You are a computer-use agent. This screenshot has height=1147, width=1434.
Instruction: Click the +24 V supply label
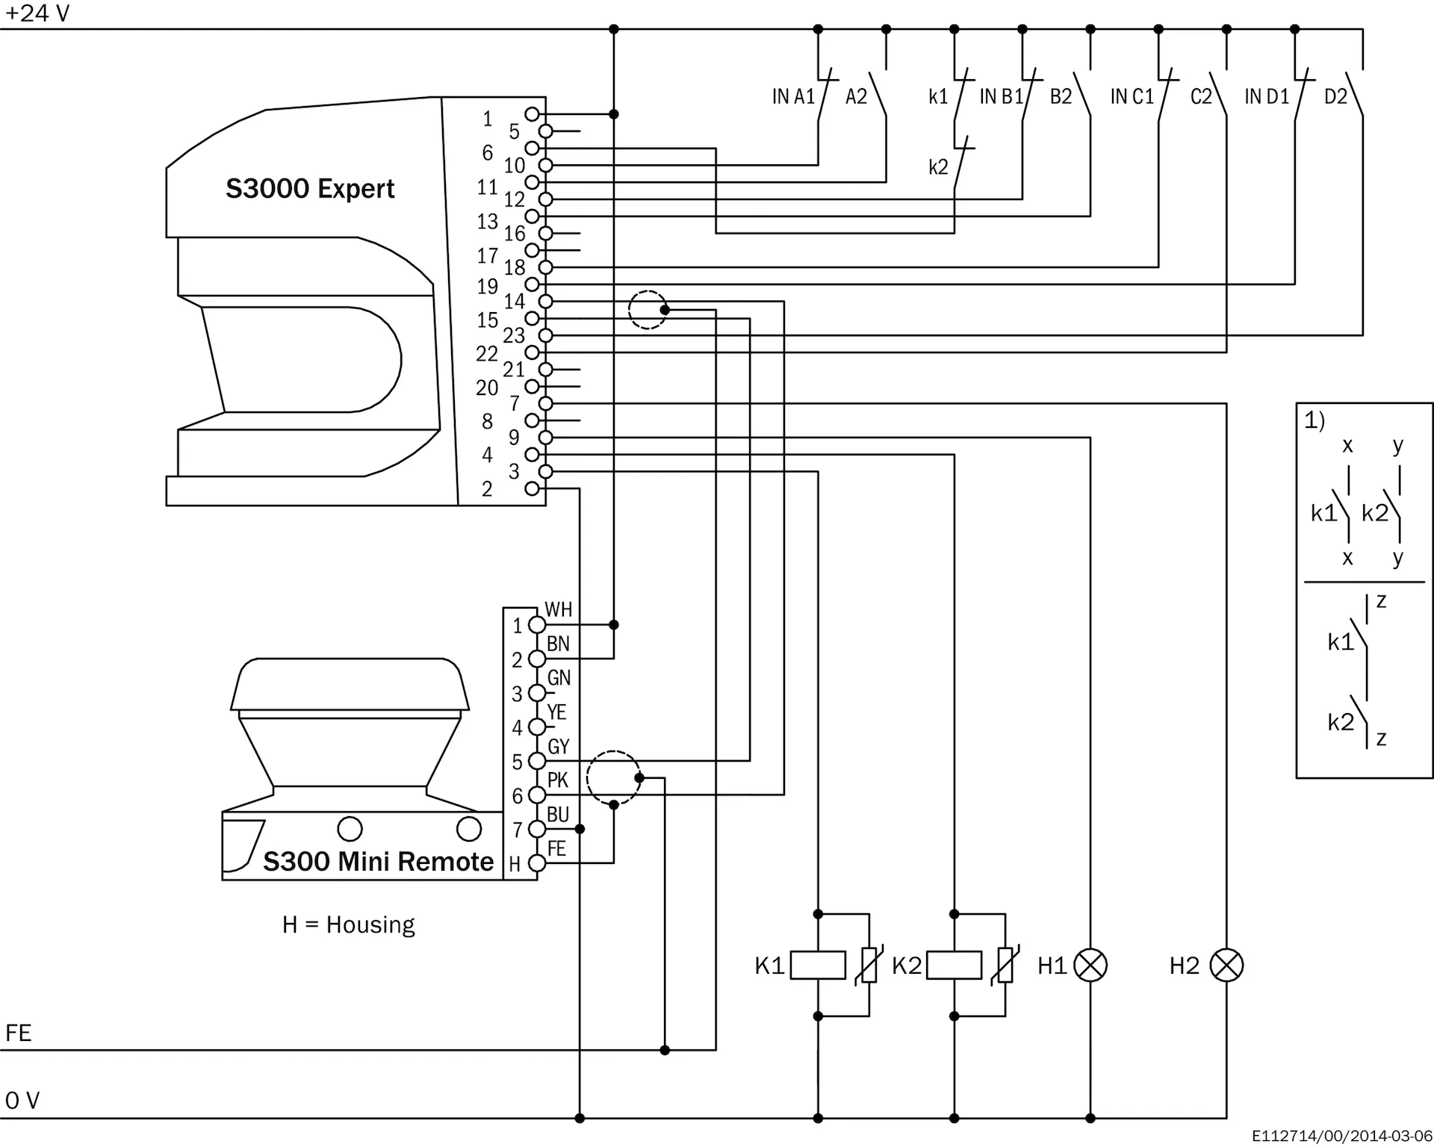coord(37,13)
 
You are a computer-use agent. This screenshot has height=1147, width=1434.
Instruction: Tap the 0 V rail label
coord(22,1101)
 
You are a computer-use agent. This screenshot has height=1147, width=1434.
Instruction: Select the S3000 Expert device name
coord(310,189)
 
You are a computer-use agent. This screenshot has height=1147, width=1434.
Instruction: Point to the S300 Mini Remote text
coord(378,862)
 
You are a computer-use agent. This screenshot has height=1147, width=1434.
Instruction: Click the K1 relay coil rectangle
coord(818,965)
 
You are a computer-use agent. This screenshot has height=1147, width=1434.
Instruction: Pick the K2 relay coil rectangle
coord(954,965)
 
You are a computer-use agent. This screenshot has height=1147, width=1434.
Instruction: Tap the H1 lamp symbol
coord(1090,965)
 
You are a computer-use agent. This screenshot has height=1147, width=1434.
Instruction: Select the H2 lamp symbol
coord(1226,965)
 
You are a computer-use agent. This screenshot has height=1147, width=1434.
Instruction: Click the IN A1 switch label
coord(792,96)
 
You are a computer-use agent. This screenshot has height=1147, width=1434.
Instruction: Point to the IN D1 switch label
coord(1267,96)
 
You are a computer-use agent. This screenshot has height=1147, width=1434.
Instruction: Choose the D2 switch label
coord(1335,96)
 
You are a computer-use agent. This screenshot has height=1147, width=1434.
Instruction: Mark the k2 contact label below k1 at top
coord(938,167)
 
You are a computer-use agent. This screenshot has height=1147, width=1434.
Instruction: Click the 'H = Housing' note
coord(348,924)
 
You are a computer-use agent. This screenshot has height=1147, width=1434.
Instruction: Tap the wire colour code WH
coord(558,609)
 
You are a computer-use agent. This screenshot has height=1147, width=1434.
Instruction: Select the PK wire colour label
coord(557,780)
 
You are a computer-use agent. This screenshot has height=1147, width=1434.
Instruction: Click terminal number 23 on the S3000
coord(514,335)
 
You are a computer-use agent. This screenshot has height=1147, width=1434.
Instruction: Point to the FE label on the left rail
coord(19,1033)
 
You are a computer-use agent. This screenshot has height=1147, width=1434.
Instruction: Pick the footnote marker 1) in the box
coord(1314,420)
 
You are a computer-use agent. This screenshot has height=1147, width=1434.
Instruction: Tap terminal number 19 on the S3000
coord(488,286)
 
